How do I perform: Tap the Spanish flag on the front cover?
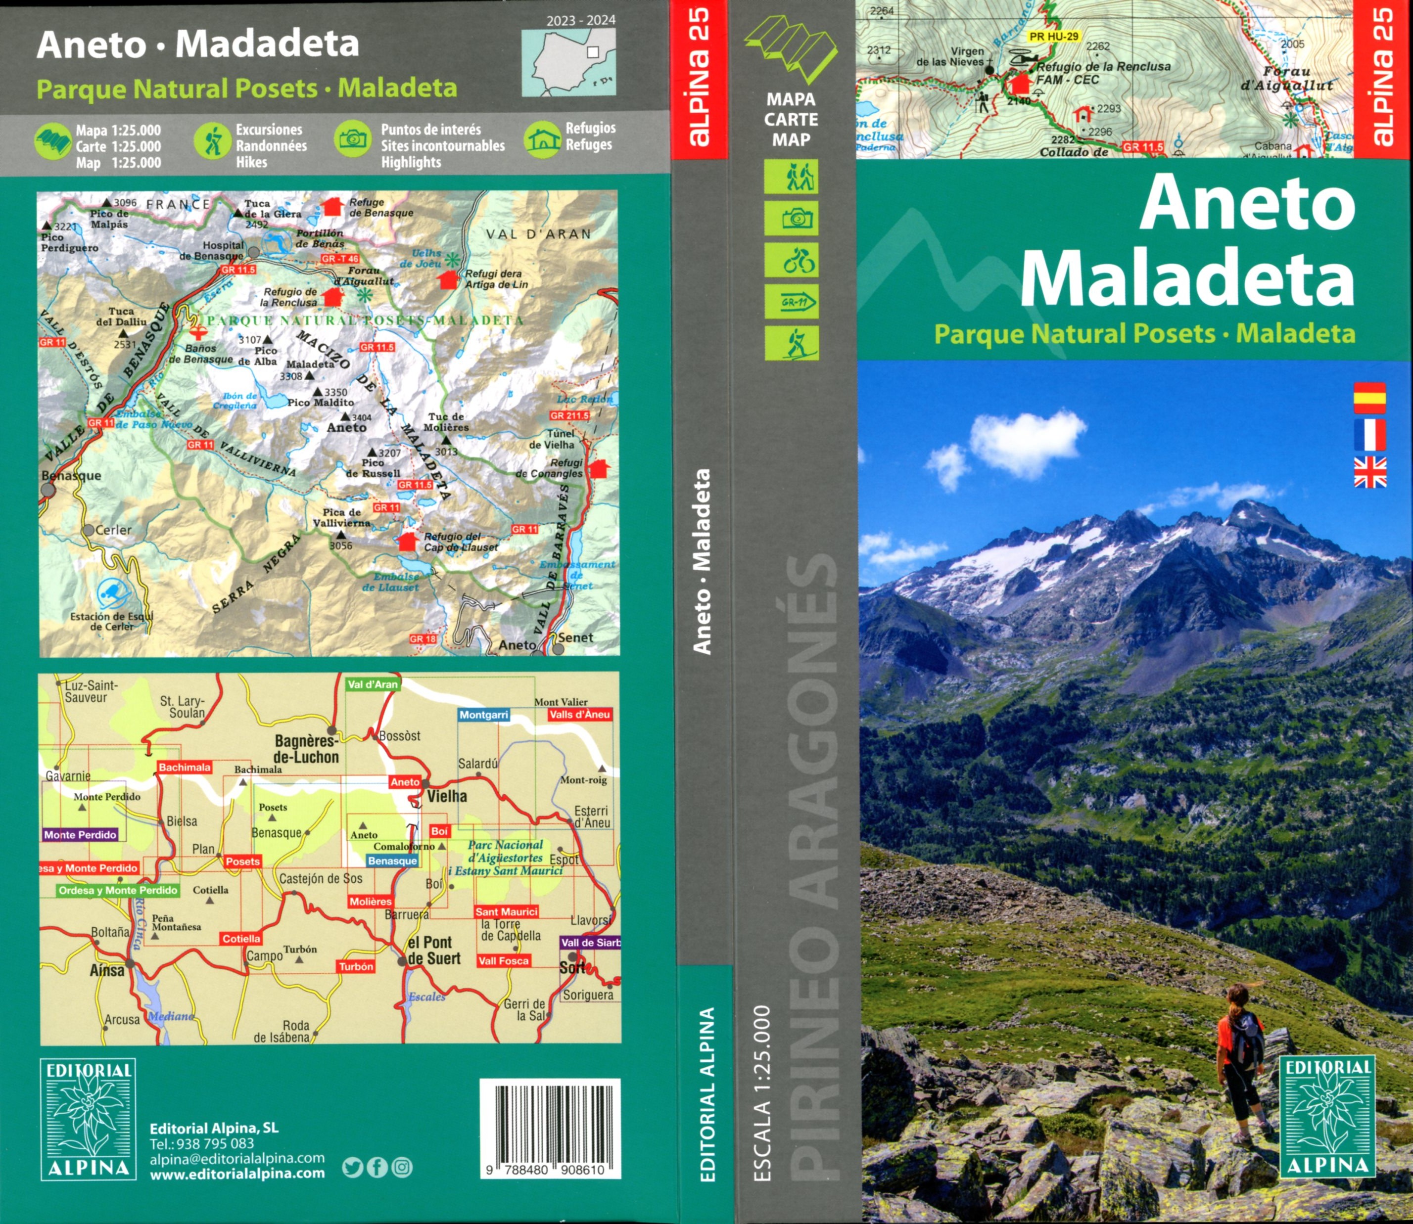coord(1370,398)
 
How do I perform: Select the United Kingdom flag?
coord(1370,472)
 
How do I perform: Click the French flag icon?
coord(1370,435)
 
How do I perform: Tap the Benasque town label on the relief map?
coord(71,476)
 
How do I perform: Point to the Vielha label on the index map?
coord(447,796)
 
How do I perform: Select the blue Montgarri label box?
coord(484,715)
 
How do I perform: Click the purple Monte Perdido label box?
coord(81,835)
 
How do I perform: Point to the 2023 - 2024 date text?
coord(581,20)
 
